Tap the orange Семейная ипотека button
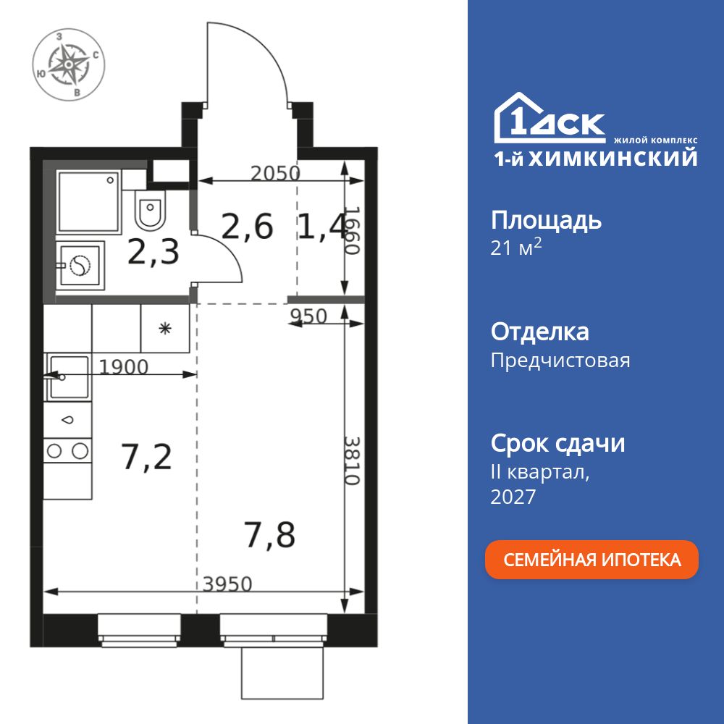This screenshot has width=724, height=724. point(592,560)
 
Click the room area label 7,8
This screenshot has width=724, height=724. point(269,536)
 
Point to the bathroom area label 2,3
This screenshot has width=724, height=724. point(153,254)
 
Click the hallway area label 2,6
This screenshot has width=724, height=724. point(247,227)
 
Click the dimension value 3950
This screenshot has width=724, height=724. point(227,584)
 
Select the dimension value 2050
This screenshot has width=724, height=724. point(275,173)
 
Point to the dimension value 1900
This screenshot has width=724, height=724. point(123,367)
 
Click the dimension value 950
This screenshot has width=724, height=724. point(308,316)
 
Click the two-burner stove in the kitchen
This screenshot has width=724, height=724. point(67,451)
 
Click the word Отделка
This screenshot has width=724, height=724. point(539,332)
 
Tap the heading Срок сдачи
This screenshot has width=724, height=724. point(557,443)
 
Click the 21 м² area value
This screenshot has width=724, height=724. point(516,248)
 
